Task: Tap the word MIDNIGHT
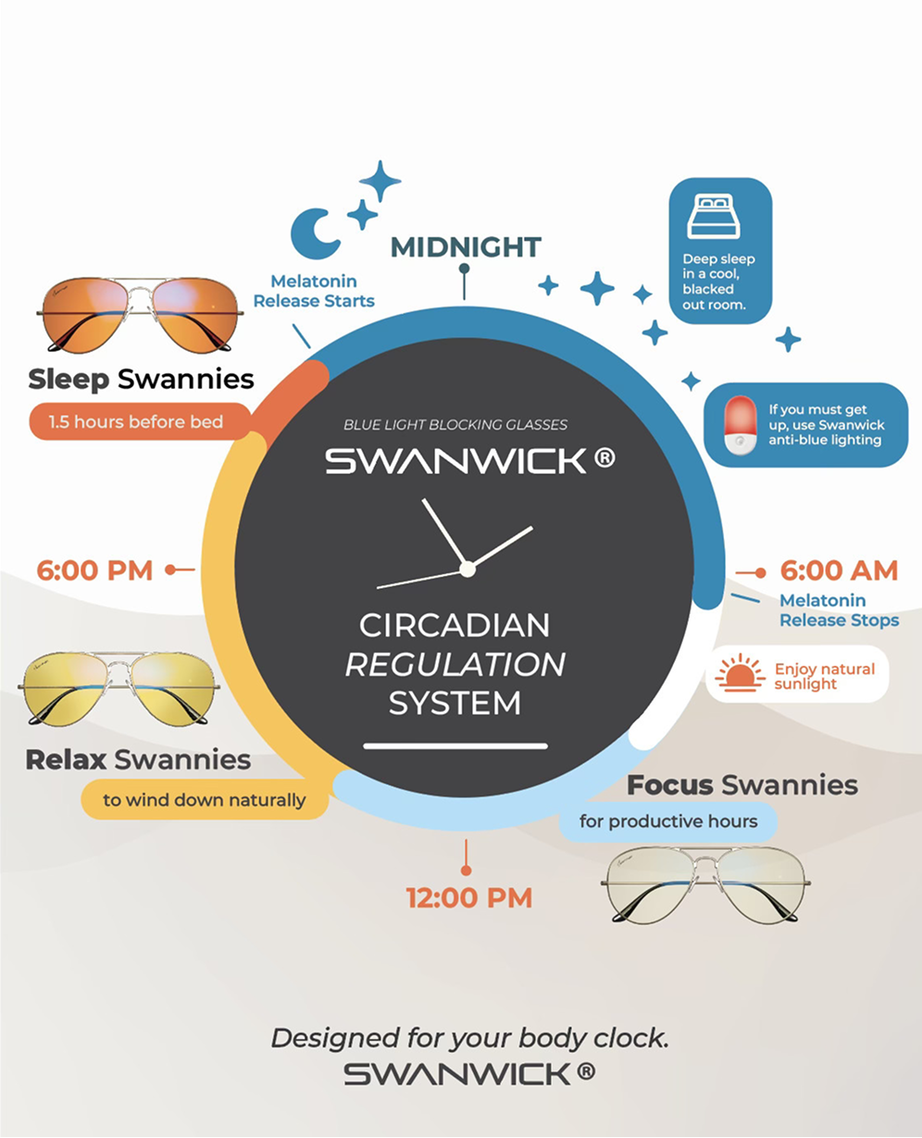[x=466, y=247]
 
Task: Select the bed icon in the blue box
[x=714, y=218]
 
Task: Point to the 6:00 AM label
[x=839, y=570]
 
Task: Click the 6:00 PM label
[x=94, y=570]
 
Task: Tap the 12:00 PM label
[x=469, y=897]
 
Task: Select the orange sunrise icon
[x=741, y=675]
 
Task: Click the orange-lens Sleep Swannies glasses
[x=140, y=313]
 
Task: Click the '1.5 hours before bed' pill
[x=136, y=422]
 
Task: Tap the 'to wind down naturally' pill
[x=205, y=800]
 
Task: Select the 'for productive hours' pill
[x=667, y=821]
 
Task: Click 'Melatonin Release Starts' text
[x=314, y=291]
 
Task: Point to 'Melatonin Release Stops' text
[x=839, y=610]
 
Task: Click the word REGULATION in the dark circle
[x=455, y=664]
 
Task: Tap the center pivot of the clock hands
[x=467, y=569]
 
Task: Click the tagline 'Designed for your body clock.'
[x=469, y=1038]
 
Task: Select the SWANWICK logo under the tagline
[x=469, y=1073]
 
